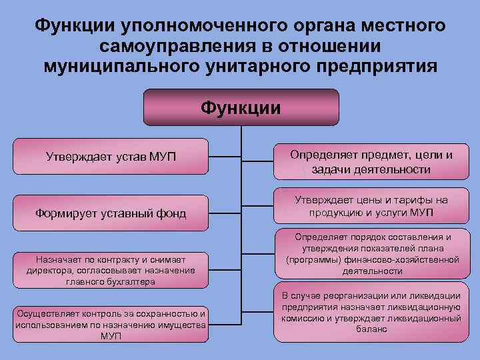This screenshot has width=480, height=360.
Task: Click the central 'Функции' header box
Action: pos(241,107)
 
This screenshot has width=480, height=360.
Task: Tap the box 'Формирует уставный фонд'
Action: pos(111,213)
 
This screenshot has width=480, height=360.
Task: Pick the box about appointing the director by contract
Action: pos(111,270)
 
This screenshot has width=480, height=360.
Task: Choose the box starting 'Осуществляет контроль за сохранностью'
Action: pos(111,325)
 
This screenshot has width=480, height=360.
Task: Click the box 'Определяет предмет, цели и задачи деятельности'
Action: pos(371,162)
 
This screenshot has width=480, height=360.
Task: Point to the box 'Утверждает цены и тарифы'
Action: pos(371,207)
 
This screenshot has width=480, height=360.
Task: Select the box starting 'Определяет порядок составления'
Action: pos(371,254)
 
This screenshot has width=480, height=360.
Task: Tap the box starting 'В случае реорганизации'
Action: pos(371,312)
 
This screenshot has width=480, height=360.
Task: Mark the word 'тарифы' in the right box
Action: pos(414,200)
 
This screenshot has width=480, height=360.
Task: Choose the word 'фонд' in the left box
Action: pos(171,213)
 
